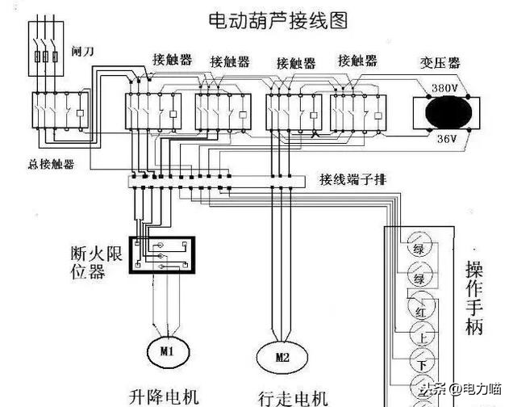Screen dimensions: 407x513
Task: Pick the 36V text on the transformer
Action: click(x=445, y=140)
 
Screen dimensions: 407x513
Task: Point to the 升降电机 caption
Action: click(x=163, y=396)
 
